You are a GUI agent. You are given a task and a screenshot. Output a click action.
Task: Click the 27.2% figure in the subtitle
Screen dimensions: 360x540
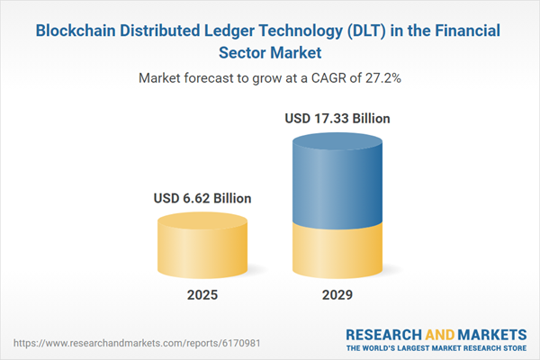(381, 78)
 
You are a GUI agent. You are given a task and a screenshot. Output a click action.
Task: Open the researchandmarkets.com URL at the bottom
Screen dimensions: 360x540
(99, 344)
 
